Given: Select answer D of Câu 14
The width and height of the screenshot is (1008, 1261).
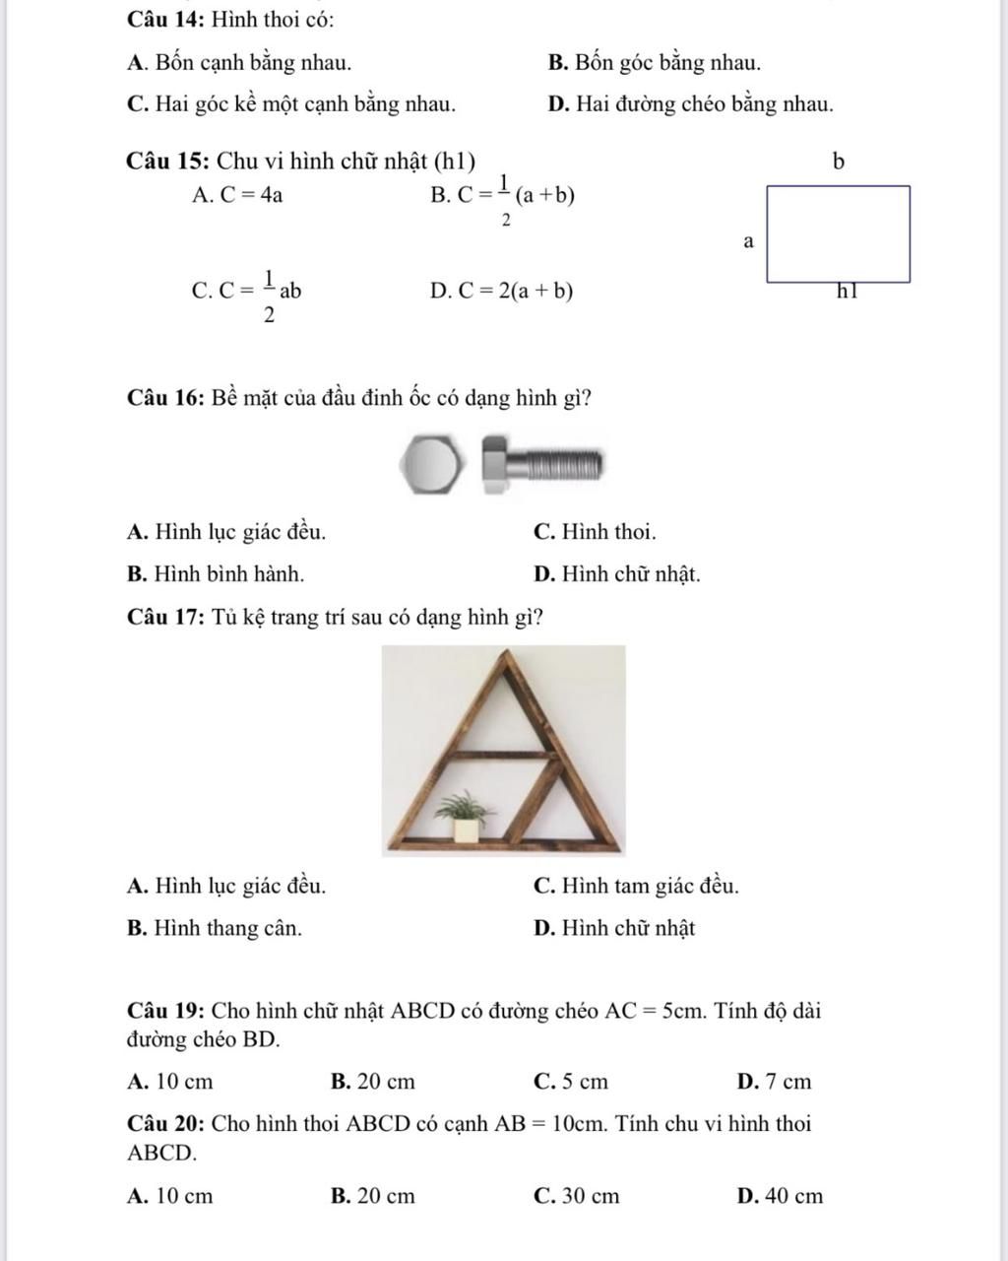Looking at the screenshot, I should (690, 104).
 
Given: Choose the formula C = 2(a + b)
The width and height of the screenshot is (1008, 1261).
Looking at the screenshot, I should (502, 291).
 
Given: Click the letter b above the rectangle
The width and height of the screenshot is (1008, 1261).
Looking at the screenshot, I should (839, 163).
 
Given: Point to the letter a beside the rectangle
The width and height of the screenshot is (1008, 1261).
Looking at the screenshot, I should (748, 240).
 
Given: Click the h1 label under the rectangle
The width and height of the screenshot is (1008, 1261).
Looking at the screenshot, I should (848, 291).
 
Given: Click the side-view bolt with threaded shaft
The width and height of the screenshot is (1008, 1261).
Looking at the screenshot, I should (542, 464).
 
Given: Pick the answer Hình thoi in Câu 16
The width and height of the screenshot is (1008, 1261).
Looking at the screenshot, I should (595, 533).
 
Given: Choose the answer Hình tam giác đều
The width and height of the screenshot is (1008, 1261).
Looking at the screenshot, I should (636, 887).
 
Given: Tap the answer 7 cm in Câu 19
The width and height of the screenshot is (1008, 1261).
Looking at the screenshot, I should (775, 1083).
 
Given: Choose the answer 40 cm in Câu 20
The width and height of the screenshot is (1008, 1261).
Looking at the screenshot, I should (780, 1197).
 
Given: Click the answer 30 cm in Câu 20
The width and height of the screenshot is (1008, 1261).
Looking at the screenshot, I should (577, 1197).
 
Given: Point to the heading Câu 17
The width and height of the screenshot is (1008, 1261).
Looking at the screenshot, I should (164, 618).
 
